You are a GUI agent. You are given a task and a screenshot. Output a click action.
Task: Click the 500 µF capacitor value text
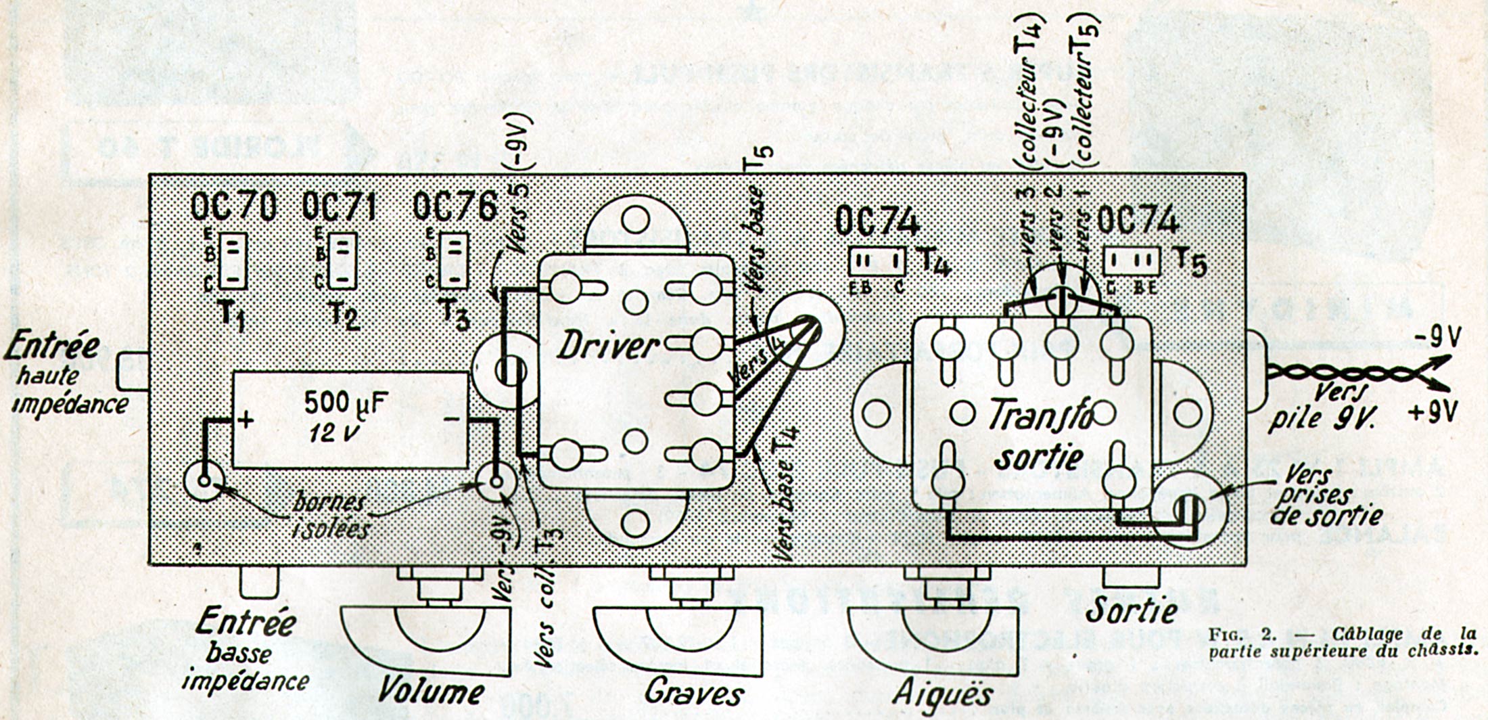click(x=346, y=403)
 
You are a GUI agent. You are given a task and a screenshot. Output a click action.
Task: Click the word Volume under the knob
click(x=430, y=691)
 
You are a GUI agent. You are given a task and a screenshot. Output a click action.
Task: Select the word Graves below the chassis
click(x=693, y=692)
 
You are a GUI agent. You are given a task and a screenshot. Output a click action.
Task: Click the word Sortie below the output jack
click(x=1131, y=610)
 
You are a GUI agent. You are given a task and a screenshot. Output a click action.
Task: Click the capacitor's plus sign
click(x=245, y=420)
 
